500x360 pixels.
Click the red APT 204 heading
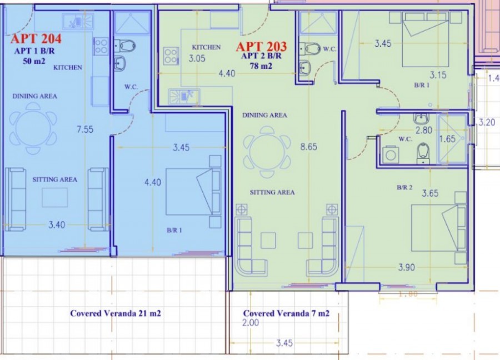(x=36, y=39)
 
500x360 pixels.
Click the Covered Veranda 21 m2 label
(x=116, y=313)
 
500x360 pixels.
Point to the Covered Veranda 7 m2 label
(x=286, y=313)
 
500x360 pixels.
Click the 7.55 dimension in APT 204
(x=84, y=130)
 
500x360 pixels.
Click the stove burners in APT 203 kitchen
(x=171, y=55)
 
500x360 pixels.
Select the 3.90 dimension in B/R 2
(x=407, y=268)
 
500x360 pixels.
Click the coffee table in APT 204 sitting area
(x=54, y=197)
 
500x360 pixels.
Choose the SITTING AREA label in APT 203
(x=272, y=192)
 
